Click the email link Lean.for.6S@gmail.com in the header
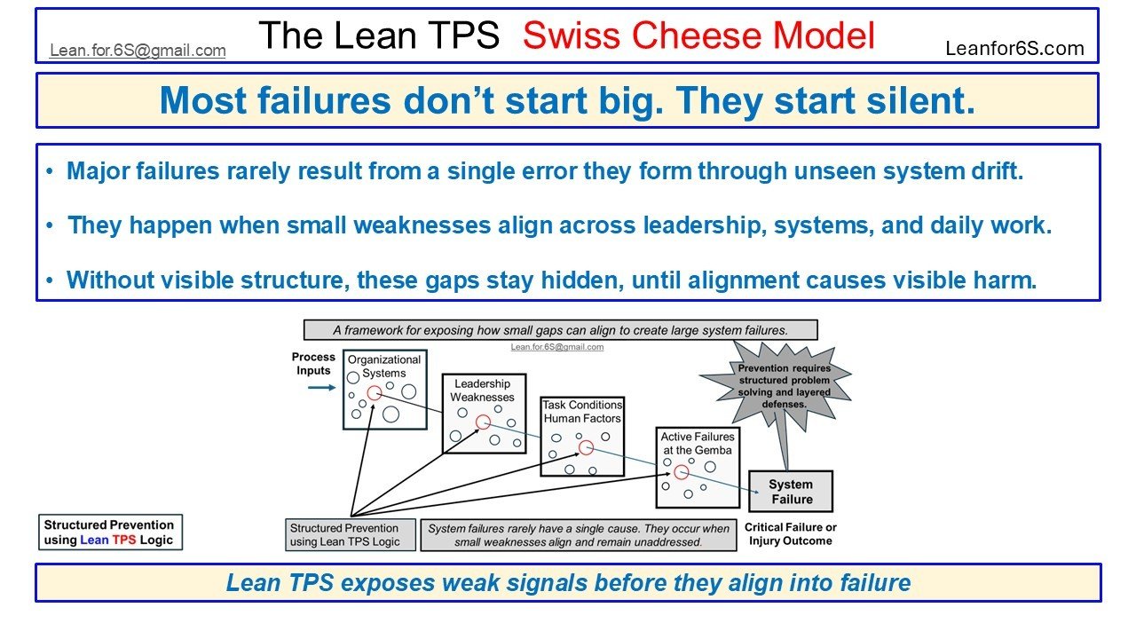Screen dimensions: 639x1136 [138, 51]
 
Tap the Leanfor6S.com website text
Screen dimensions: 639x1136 [1014, 49]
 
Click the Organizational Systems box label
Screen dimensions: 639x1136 [384, 367]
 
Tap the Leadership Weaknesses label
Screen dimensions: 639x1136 [483, 390]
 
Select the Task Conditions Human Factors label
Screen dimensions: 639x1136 [582, 412]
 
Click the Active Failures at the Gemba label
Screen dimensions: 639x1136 [698, 443]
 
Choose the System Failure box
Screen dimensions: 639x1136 [791, 492]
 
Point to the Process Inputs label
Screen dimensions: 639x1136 [313, 364]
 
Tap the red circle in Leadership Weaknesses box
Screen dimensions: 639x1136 [483, 422]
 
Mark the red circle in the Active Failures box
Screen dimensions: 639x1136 [681, 472]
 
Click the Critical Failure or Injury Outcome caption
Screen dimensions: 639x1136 [790, 533]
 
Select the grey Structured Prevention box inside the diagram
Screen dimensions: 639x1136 [345, 534]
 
